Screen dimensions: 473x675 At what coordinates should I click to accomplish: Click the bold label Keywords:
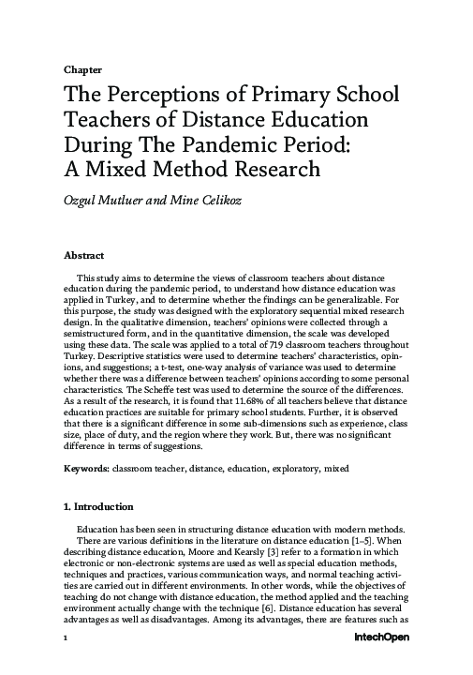point(86,467)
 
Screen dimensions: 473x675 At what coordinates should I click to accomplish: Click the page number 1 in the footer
point(66,662)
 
